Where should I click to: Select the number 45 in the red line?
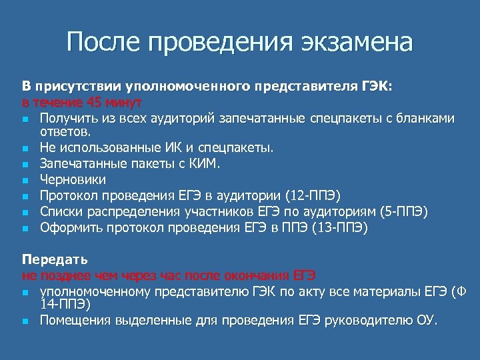pos(94,103)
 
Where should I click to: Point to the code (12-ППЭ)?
pos(313,195)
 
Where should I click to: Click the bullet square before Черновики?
pos(25,180)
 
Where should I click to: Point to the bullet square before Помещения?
pos(25,321)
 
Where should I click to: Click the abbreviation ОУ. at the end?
pos(428,321)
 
